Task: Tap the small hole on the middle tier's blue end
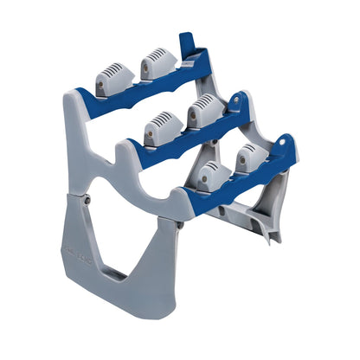click(235, 100)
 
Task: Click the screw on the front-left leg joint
click(87, 201)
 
